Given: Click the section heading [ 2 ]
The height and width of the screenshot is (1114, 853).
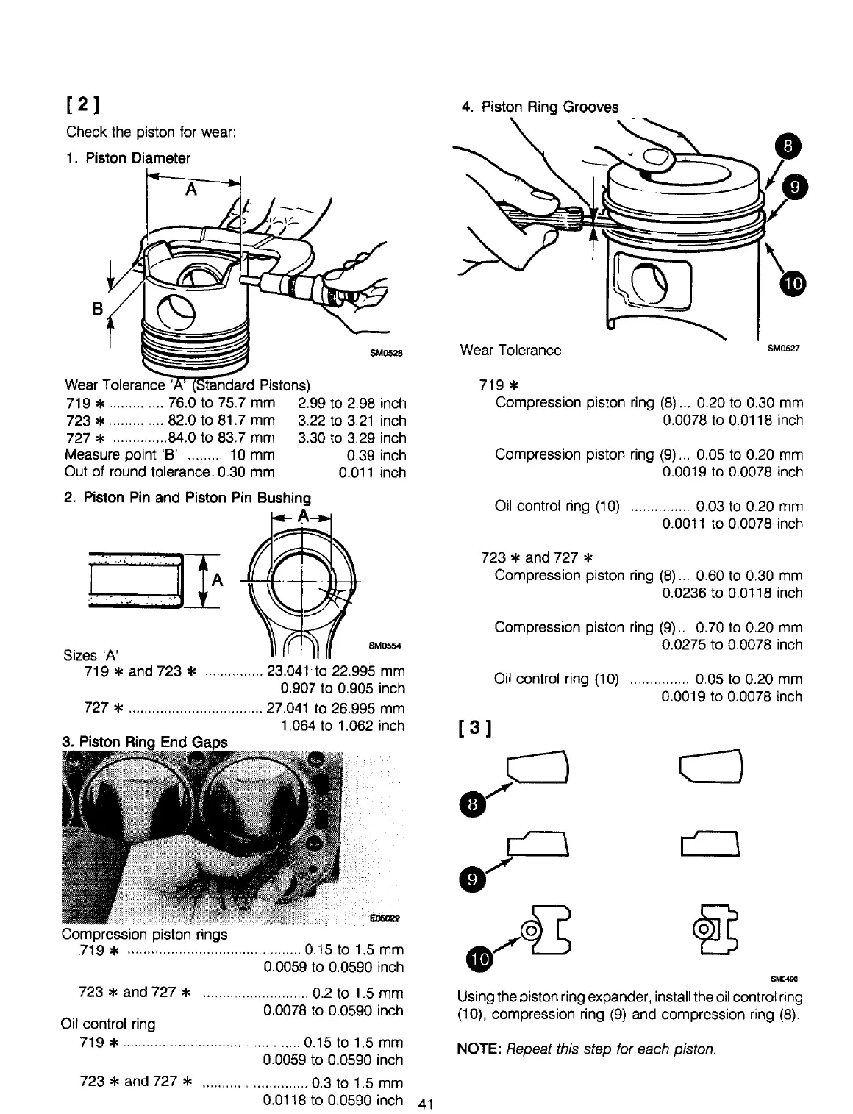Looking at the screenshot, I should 83,104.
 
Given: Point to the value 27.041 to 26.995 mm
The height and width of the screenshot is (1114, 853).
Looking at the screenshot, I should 336,708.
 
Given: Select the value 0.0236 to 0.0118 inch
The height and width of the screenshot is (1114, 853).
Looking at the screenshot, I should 732,593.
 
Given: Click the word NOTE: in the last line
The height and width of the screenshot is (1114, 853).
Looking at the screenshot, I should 479,1049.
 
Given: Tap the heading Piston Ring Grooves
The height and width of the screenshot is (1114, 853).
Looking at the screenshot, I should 540,107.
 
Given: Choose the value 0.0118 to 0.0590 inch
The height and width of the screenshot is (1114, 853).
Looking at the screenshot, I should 333,1100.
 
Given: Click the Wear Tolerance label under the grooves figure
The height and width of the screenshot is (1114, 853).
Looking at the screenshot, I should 510,350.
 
